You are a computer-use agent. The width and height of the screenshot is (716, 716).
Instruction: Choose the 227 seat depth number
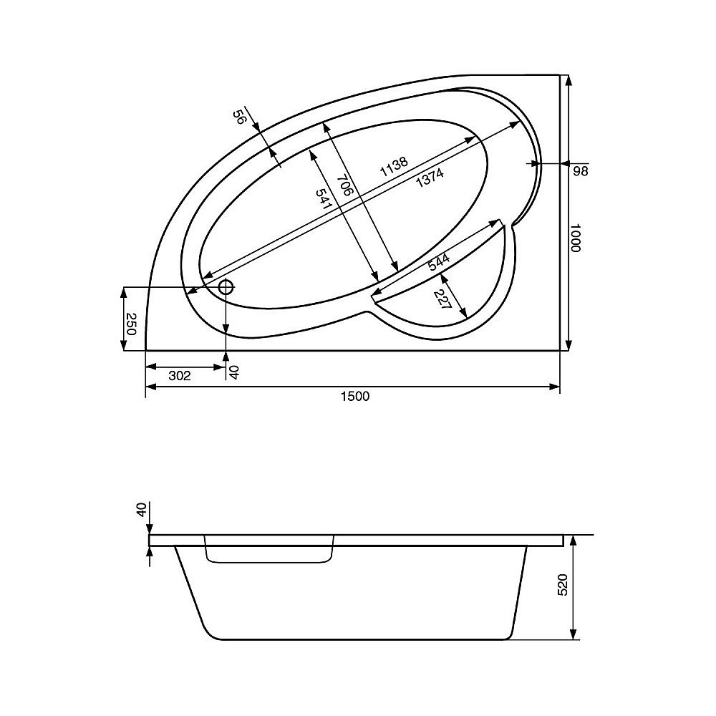click(x=442, y=300)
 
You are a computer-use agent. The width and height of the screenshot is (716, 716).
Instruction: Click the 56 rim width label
click(x=241, y=118)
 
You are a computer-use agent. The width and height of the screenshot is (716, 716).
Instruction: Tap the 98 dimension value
click(x=580, y=171)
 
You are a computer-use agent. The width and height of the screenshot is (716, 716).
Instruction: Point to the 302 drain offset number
click(x=179, y=376)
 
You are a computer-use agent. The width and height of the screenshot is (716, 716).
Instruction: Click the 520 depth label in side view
click(x=563, y=585)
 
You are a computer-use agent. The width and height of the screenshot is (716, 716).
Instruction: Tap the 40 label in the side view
click(x=141, y=511)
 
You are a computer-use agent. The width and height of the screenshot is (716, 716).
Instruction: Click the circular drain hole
click(x=226, y=288)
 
